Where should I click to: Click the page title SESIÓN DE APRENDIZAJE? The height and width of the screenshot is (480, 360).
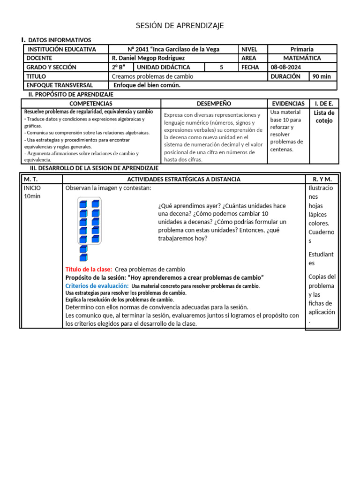coord(180,25)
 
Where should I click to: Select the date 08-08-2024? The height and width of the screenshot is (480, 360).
coord(285,67)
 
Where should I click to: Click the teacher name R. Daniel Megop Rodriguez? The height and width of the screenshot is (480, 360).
coord(149,58)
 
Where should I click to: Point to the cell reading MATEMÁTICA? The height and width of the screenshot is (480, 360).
coord(302,58)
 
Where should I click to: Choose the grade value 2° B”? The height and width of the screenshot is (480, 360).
coord(119,67)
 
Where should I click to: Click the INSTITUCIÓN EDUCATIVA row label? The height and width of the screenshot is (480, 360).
coord(62,49)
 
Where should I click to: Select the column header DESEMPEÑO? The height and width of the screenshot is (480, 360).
coord(214,103)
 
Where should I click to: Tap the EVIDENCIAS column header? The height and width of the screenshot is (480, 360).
coord(288,103)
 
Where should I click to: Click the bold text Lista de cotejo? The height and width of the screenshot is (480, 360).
coord(324,117)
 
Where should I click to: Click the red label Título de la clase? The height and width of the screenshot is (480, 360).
coord(89,269)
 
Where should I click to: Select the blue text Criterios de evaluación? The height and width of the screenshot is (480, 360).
coord(97,285)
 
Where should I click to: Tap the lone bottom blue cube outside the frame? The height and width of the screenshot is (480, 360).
coord(83,257)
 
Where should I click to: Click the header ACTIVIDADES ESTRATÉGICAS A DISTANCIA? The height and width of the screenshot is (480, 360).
coord(184,179)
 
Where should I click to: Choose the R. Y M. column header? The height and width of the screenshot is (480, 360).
coord(322,179)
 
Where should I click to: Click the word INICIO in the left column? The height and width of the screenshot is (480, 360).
coord(32,188)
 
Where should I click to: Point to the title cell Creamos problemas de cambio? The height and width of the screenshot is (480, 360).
coord(153,76)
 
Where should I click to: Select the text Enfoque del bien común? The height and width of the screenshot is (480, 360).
coord(147,85)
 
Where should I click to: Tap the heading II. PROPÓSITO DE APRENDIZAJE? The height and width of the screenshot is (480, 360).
coord(71,94)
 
